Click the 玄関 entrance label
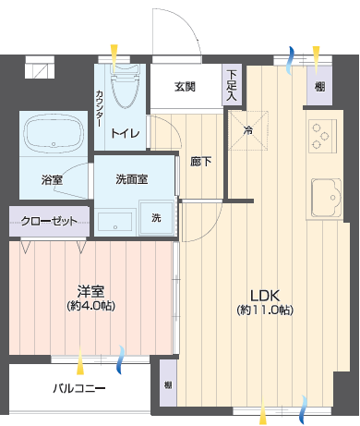[x=185, y=87]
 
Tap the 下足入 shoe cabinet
[x=232, y=85]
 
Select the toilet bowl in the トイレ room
[x=125, y=86]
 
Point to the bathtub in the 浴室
[x=54, y=134]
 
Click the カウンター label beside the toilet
[x=100, y=108]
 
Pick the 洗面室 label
[x=132, y=179]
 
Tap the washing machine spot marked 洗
[x=157, y=218]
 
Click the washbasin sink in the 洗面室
[x=115, y=222]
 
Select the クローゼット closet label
[x=49, y=221]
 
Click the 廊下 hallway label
[x=201, y=161]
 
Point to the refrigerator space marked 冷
[x=248, y=130]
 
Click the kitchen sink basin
[x=327, y=198]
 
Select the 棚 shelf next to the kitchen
[x=319, y=86]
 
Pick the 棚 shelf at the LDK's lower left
[x=168, y=383]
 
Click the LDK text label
[x=265, y=296]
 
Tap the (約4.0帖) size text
[x=91, y=306]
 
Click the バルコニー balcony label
[x=79, y=388]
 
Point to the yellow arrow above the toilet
[x=114, y=58]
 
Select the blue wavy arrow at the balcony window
[x=120, y=359]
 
